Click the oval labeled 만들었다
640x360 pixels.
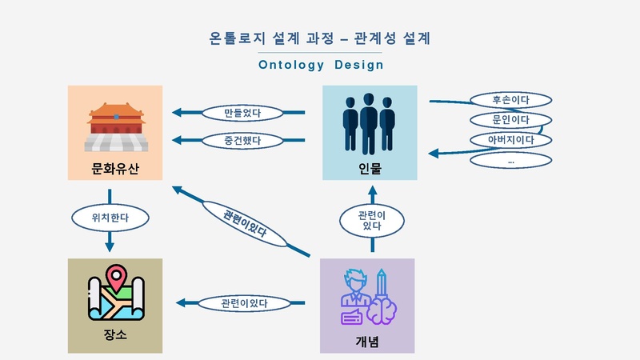pos(242,113)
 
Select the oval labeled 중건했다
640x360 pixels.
pos(242,141)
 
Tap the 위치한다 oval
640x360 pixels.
pos(110,218)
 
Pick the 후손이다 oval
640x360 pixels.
pos(511,100)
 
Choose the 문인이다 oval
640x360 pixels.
pos(511,120)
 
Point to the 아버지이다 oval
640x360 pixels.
pos(511,140)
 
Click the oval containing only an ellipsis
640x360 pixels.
pos(511,161)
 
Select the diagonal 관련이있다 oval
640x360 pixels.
pos(245,224)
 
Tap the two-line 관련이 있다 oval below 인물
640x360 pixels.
pos(372,221)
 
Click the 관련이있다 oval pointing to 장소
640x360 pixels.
pos(245,303)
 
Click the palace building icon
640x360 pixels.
pos(116,127)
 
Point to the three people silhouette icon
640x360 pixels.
pos(369,124)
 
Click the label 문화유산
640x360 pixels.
pos(115,169)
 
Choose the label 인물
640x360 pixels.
pos(370,169)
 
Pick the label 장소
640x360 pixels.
pos(115,334)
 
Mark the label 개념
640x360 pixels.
pos(367,342)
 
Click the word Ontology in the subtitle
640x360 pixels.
pos(291,66)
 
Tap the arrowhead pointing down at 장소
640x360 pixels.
pos(110,246)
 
